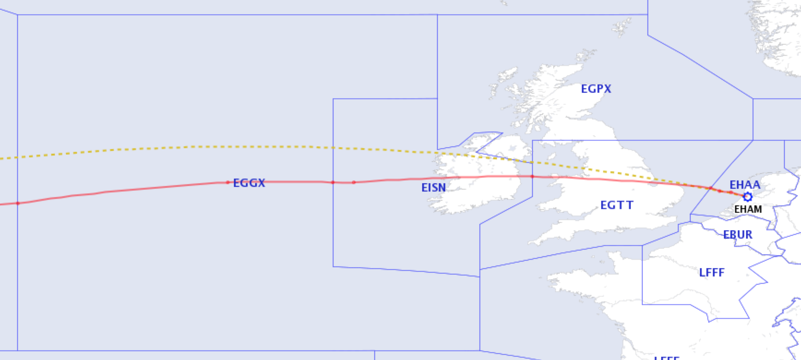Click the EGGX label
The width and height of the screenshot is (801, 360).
click(249, 183)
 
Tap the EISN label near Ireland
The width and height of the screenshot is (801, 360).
click(433, 188)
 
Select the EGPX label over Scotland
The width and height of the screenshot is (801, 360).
click(596, 89)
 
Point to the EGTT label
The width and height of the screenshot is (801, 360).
click(617, 205)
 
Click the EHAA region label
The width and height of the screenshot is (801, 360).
click(744, 185)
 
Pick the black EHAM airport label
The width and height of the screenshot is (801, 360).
click(748, 210)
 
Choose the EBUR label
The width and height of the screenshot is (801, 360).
click(738, 235)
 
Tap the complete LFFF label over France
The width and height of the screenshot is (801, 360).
click(711, 273)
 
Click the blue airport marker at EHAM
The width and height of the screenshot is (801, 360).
click(747, 197)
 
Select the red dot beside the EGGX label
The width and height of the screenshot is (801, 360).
click(227, 182)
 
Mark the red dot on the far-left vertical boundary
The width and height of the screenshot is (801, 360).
click(18, 203)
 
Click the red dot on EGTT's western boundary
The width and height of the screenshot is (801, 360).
click(532, 176)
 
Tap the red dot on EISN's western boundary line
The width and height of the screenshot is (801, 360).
click(333, 182)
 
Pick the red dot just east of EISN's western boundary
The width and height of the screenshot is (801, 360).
click(354, 182)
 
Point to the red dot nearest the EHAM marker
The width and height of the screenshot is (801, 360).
click(731, 192)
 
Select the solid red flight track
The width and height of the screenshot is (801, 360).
click(138, 189)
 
